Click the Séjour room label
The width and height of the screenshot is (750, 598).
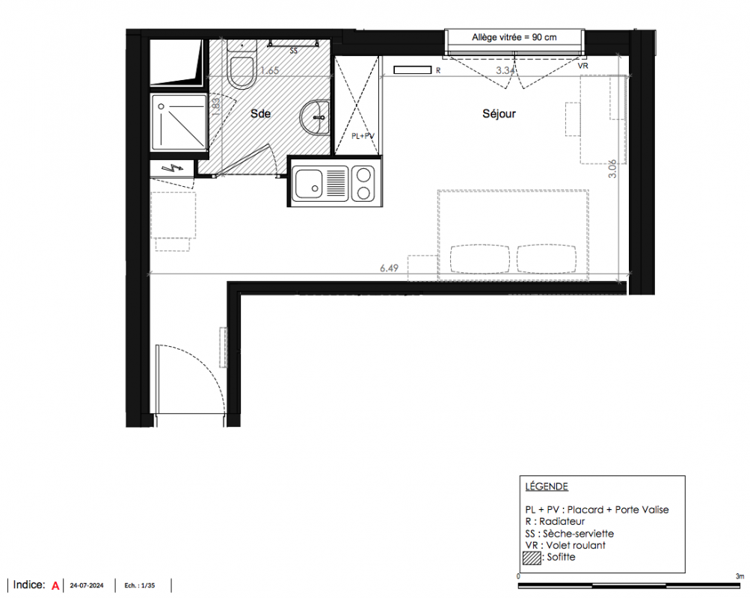tap(499, 114)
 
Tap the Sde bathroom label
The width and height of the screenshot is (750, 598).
tap(261, 114)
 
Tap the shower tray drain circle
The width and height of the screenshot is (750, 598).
tap(162, 107)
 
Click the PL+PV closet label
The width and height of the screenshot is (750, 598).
tap(363, 136)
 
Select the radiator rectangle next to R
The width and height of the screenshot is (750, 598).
tap(412, 70)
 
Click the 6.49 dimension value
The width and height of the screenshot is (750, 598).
tap(389, 268)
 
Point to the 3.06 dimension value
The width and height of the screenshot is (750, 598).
tap(612, 169)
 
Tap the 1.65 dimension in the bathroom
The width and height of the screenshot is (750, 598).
tap(269, 71)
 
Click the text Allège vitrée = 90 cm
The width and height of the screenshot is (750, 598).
tap(514, 37)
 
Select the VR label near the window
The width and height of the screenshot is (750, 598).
tap(583, 66)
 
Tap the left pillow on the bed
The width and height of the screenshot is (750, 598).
tap(479, 259)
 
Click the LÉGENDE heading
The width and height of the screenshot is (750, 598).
tap(547, 487)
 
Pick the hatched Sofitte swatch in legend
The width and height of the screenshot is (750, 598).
tap(532, 558)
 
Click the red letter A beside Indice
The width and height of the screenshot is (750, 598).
tap(55, 585)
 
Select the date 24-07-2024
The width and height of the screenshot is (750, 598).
tap(87, 585)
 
